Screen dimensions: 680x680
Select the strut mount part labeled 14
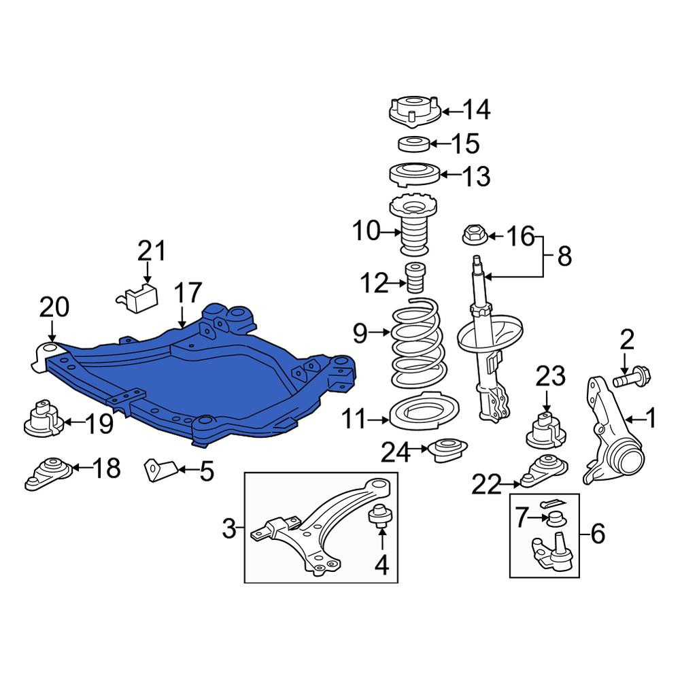tap(415, 112)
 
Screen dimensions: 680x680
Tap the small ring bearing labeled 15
tap(414, 144)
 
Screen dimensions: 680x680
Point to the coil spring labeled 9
tap(418, 343)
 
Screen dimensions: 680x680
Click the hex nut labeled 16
tap(475, 235)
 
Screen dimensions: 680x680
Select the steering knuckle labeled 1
tap(611, 429)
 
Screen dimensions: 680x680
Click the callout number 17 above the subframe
tap(188, 292)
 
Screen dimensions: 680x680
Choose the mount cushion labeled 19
tap(44, 418)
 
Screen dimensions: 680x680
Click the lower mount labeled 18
tap(49, 473)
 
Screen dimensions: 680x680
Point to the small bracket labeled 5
tap(160, 470)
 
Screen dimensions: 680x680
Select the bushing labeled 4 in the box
tap(381, 515)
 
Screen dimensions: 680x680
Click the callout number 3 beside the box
tap(229, 529)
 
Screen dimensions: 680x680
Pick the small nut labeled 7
tap(555, 518)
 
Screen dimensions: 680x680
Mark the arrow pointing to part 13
tap(452, 175)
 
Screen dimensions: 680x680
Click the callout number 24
tap(395, 452)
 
